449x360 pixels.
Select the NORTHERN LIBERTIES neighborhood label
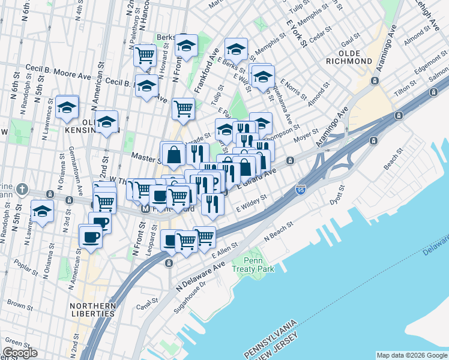[x=89, y=310]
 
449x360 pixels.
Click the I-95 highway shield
[x=301, y=190]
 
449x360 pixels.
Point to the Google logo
[x=20, y=353]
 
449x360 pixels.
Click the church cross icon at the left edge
[x=22, y=188]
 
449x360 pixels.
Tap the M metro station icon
[x=145, y=209]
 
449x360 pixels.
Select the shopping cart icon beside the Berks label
[x=145, y=55]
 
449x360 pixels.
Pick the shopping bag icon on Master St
[x=173, y=154]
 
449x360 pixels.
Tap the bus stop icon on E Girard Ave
[x=290, y=160]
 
